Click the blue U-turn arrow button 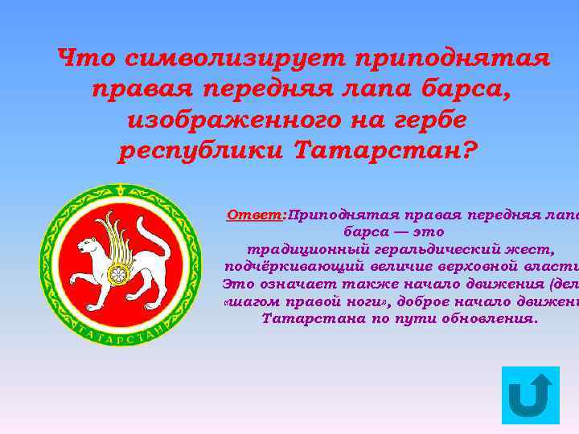coord(530,395)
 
